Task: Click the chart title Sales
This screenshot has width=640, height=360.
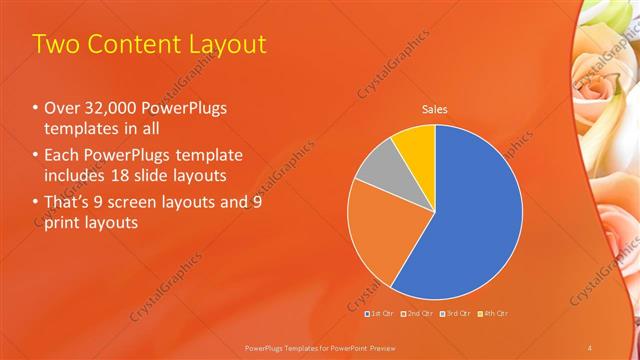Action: [434, 109]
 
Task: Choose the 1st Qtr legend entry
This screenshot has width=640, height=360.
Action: [379, 314]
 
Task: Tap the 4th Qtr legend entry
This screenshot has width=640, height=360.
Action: [494, 314]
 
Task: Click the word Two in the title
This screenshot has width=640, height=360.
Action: [56, 44]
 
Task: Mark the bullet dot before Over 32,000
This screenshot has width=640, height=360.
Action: [36, 109]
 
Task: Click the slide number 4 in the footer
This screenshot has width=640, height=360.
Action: [589, 346]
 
